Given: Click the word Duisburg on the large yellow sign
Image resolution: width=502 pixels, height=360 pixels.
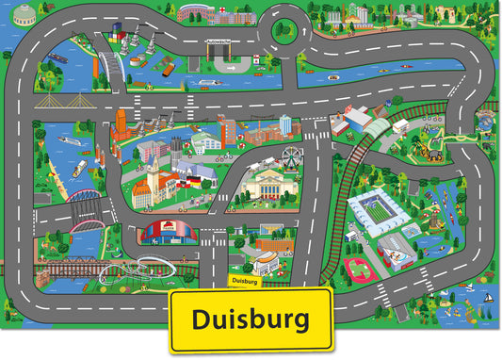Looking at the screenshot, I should click(251, 320).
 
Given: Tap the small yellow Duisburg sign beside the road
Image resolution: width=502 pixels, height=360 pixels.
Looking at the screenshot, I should click(243, 280).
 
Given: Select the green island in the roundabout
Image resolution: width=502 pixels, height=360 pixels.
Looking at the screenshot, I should click(284, 31).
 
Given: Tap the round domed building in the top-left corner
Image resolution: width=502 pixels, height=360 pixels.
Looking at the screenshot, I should click(24, 15).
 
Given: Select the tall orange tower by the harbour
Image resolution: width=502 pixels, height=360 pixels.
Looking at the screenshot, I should click(121, 123).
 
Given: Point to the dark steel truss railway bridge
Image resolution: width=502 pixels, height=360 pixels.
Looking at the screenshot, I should click(84, 199).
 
